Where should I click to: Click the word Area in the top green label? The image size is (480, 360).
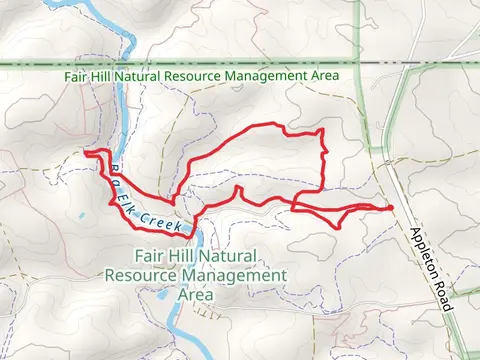326,76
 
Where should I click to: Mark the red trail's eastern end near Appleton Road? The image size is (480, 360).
389,207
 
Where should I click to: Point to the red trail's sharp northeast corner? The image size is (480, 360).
320,132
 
